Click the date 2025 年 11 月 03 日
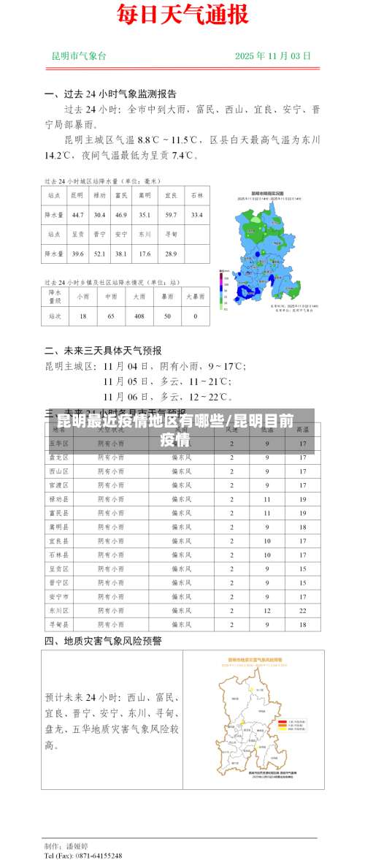coord(273,56)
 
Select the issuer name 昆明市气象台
coord(79,56)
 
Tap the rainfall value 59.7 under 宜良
coord(171,215)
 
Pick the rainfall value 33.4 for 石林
coord(196,215)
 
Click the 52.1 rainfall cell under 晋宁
coord(99,254)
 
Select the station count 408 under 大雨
coord(139,316)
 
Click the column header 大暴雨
coord(195,297)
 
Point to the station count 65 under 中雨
coord(111,316)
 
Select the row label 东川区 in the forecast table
coord(58,609)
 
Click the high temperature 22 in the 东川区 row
coord(302,609)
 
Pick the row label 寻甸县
coord(58,624)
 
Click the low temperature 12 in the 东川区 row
coord(267,609)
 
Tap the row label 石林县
coord(58,555)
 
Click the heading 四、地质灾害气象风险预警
coord(103,641)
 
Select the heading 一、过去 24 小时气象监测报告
coord(109,94)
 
